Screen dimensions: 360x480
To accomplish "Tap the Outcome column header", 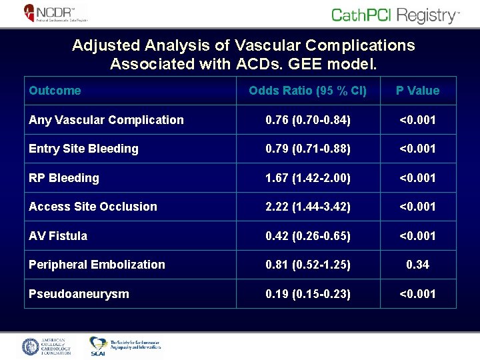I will click(x=55, y=91).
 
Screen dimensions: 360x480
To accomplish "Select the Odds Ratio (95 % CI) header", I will click(x=307, y=91).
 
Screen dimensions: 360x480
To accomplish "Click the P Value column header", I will click(x=417, y=91).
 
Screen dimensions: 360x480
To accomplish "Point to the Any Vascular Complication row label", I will click(x=106, y=120).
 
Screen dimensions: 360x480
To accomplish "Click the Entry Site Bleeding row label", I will click(x=83, y=149).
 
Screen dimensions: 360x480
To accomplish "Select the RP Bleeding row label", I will click(x=64, y=178).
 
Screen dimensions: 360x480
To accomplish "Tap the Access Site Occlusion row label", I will click(x=93, y=207).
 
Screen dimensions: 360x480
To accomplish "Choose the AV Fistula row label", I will click(x=58, y=236).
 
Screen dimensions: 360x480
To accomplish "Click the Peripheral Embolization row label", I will click(x=97, y=265).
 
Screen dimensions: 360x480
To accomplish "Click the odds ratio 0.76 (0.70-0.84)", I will click(x=308, y=120).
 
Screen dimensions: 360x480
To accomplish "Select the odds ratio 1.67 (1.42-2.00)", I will click(x=308, y=178).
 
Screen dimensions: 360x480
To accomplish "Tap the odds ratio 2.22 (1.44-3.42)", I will click(x=308, y=207).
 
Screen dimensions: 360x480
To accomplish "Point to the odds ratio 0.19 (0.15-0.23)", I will click(x=308, y=294).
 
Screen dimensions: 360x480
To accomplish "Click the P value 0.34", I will click(x=417, y=265).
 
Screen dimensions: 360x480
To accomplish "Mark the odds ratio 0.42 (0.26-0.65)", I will click(x=308, y=236).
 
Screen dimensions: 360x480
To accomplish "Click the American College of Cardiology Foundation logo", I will click(x=47, y=347).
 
